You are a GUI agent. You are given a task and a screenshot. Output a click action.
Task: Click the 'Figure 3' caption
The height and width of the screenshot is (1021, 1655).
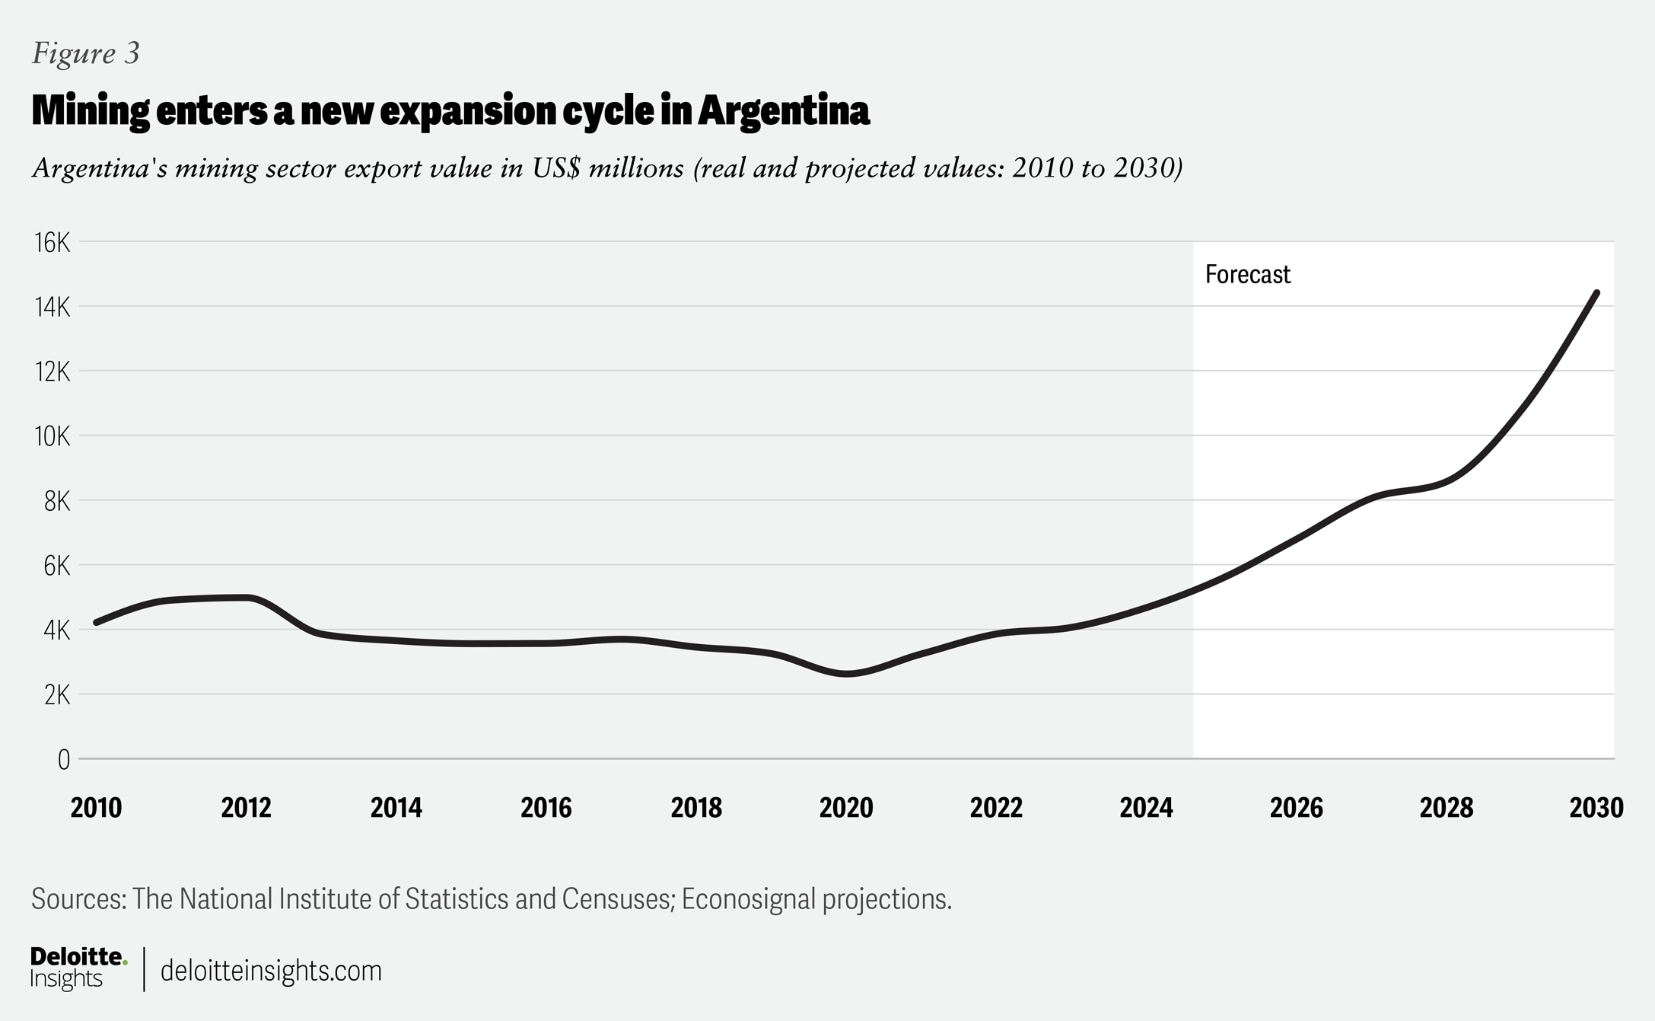coord(85,53)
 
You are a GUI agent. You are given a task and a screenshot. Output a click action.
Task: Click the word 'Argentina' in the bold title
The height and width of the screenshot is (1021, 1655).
coord(783,111)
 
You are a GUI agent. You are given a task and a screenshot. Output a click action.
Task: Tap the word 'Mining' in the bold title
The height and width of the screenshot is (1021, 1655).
coord(91,111)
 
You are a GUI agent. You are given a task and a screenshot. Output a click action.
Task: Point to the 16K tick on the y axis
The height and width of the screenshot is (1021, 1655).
coord(52,243)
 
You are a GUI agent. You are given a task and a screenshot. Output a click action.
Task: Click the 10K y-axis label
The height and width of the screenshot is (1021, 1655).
coord(52,436)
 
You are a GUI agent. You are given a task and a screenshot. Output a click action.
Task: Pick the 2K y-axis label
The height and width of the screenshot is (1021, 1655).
coord(56,695)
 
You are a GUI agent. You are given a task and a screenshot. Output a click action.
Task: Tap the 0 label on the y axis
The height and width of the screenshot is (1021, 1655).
coord(63,759)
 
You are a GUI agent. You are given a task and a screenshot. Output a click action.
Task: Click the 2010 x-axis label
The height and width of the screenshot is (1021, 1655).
coord(96,808)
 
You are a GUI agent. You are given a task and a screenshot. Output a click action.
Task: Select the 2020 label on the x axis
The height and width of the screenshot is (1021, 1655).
coord(846,808)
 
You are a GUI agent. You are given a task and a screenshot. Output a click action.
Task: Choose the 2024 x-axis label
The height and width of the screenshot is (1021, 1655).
coord(1146,808)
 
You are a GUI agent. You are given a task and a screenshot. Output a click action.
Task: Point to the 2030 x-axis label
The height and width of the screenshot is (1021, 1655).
coord(1596,808)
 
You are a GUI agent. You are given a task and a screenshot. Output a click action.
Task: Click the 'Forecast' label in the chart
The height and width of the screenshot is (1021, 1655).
coord(1247,274)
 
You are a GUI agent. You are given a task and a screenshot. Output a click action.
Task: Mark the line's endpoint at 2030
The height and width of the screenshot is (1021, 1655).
coord(1596,293)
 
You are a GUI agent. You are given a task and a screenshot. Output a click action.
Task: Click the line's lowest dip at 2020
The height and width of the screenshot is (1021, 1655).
coord(846,674)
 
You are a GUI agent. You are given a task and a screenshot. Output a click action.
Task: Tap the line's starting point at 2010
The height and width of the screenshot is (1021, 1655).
coord(97,622)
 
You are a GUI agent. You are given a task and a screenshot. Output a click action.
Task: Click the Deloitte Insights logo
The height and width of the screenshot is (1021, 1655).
coord(78,968)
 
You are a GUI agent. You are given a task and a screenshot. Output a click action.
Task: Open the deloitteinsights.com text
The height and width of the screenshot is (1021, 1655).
coord(271,971)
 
